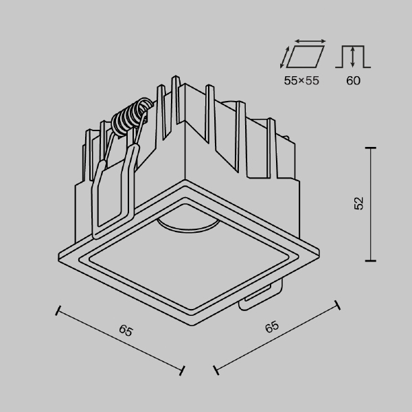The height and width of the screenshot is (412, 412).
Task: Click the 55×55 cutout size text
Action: pyautogui.click(x=302, y=81)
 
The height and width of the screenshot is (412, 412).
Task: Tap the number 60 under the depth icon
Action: pyautogui.click(x=353, y=81)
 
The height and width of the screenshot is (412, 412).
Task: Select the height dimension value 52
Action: pyautogui.click(x=359, y=203)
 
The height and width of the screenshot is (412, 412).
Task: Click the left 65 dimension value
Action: pyautogui.click(x=125, y=331)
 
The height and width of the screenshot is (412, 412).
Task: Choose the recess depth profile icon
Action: pyautogui.click(x=353, y=58)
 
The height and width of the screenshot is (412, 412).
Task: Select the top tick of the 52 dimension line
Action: pyautogui.click(x=371, y=148)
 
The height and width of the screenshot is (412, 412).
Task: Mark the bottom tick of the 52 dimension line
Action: pyautogui.click(x=371, y=260)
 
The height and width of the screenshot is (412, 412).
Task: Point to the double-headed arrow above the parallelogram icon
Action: pyautogui.click(x=307, y=41)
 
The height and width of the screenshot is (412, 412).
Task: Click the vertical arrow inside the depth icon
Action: pyautogui.click(x=352, y=56)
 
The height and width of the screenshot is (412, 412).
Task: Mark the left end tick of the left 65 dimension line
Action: pyautogui.click(x=58, y=310)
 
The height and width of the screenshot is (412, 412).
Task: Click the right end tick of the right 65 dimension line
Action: pyautogui.click(x=336, y=303)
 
